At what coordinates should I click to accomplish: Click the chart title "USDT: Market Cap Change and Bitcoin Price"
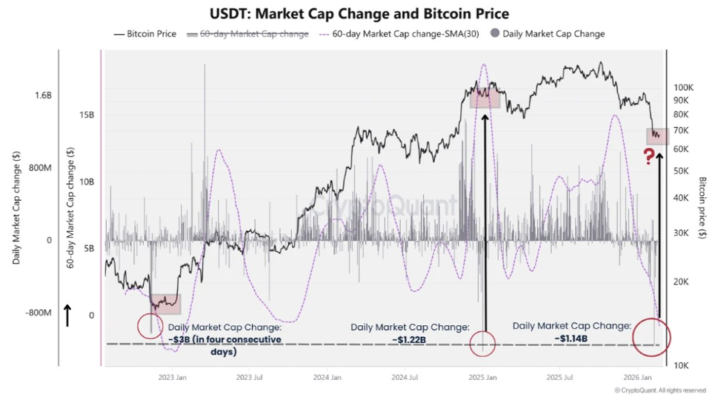(x=360, y=14)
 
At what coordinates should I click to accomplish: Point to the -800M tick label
(x=38, y=312)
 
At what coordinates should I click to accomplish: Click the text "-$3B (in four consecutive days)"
(x=225, y=345)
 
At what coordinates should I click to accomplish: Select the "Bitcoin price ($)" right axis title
(x=702, y=208)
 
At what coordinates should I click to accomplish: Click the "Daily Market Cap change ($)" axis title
(x=15, y=208)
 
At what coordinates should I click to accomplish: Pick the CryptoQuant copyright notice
(x=660, y=389)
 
